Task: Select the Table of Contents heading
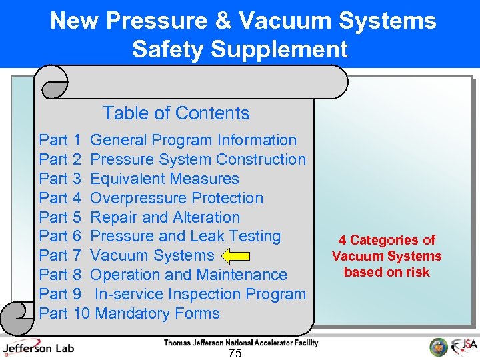click(x=176, y=113)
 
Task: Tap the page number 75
click(x=235, y=353)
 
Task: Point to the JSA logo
click(x=463, y=347)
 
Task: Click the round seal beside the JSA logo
click(x=438, y=347)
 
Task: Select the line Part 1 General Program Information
click(x=168, y=140)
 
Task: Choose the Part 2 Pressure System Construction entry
click(x=172, y=159)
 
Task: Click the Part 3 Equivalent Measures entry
click(x=139, y=179)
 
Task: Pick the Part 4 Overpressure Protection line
click(x=151, y=198)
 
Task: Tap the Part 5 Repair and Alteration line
click(x=139, y=217)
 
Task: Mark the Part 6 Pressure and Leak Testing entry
click(x=160, y=236)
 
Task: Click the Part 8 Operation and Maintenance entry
click(x=163, y=275)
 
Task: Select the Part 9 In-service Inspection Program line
click(x=172, y=294)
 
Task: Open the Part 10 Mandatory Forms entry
click(x=129, y=313)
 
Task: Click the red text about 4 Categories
click(x=387, y=256)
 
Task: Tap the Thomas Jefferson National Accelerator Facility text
click(x=241, y=343)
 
